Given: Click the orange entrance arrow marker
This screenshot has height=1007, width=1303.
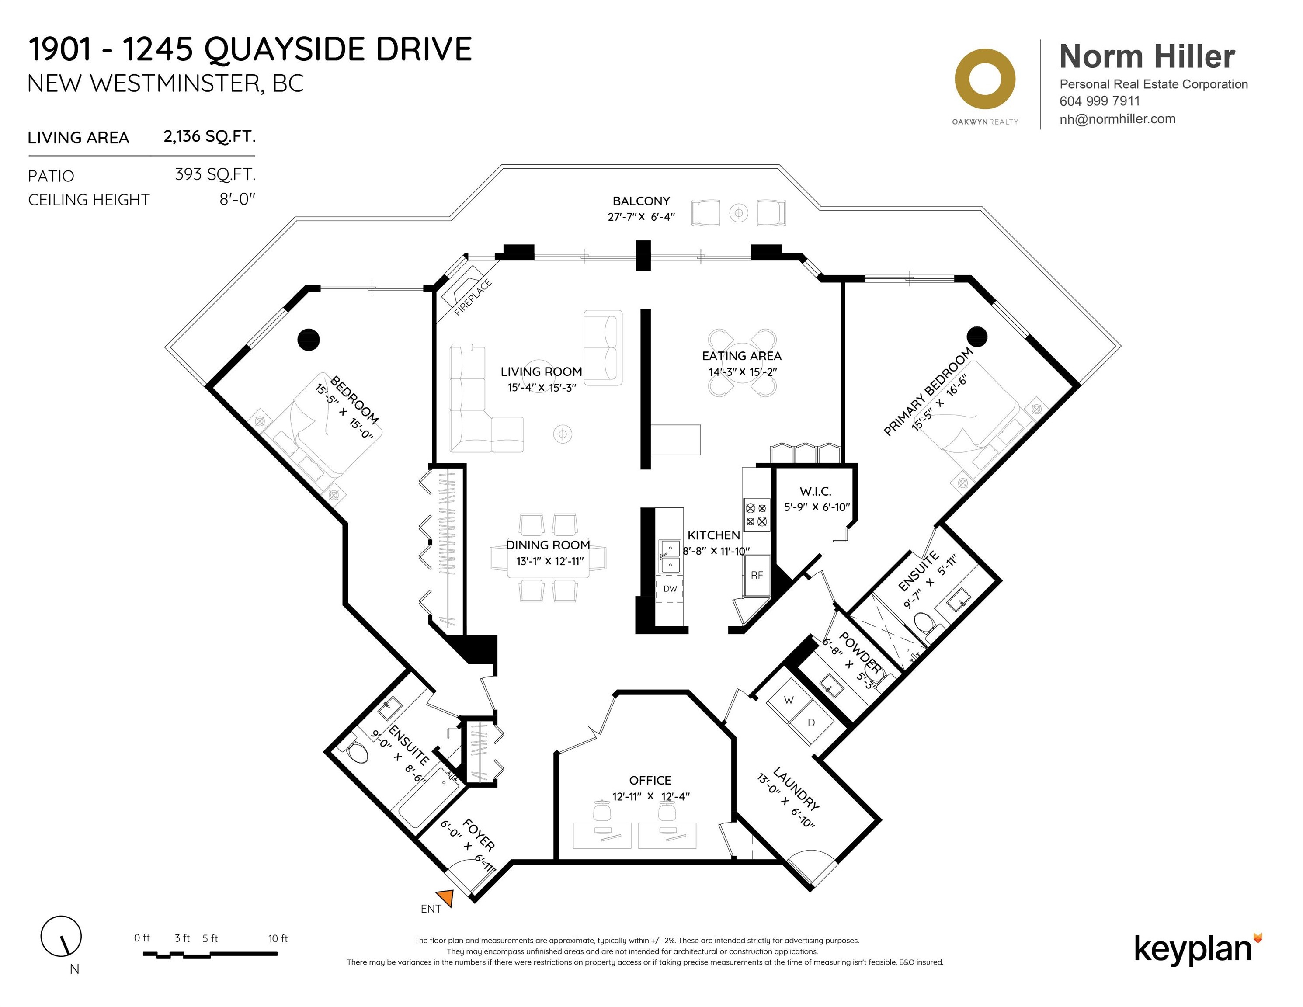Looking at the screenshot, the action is (x=445, y=898).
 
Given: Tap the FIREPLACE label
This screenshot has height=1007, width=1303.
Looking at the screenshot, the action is (x=473, y=298).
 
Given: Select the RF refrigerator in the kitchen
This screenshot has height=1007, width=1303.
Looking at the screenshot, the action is (x=757, y=575).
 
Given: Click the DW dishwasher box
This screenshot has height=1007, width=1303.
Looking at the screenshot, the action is (x=670, y=589).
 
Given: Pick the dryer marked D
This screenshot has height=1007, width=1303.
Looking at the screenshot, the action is (x=811, y=722).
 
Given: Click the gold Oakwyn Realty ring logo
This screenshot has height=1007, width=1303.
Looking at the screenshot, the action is (x=985, y=79).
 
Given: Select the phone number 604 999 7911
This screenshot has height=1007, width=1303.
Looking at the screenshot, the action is (x=1100, y=101).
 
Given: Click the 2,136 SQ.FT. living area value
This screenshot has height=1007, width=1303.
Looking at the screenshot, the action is (x=209, y=137).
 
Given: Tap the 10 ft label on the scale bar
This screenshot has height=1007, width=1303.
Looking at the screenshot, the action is (x=278, y=938).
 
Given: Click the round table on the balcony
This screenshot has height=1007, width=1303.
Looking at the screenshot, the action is (x=739, y=212).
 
